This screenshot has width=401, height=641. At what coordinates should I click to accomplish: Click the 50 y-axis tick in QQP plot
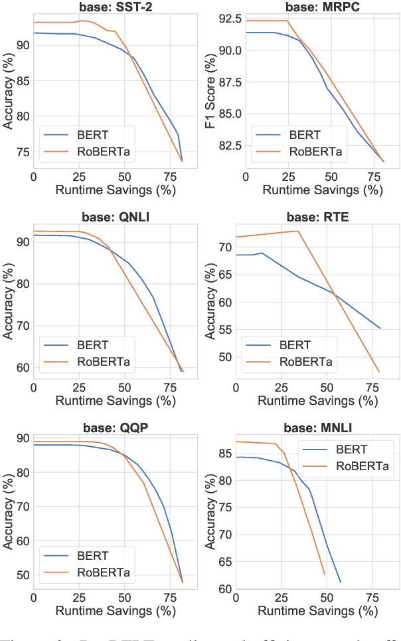click(22, 575)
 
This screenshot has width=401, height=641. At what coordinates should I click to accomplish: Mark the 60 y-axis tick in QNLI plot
click(22, 367)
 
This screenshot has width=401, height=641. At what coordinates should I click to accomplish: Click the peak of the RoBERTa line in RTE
click(297, 231)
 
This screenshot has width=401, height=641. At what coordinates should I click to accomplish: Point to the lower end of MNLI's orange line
click(325, 575)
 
